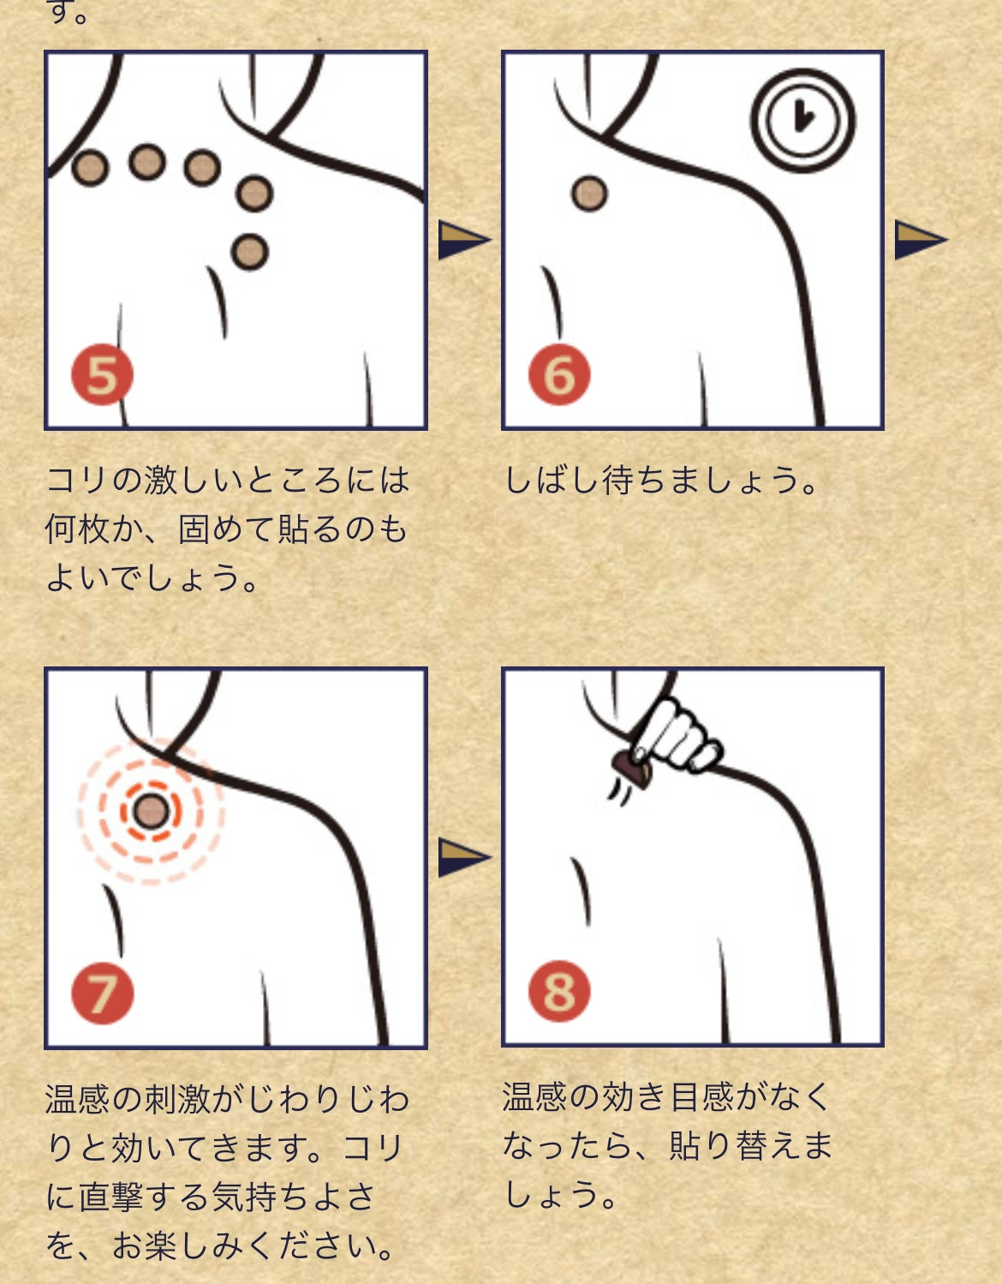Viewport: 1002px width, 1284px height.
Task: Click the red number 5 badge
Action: pos(102,374)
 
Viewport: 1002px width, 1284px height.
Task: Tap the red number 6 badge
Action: pos(559,374)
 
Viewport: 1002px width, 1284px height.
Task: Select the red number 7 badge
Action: pos(102,994)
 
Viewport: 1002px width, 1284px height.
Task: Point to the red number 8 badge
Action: pos(559,992)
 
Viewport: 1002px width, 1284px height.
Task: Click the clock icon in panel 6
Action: pos(802,120)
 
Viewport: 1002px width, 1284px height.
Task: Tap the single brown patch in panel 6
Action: pos(589,194)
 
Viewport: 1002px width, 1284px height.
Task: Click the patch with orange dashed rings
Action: pos(152,811)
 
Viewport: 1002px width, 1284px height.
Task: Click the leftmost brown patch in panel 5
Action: pos(91,168)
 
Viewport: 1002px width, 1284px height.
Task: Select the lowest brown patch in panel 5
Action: pos(250,253)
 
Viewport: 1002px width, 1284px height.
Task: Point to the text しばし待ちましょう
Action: pos(661,480)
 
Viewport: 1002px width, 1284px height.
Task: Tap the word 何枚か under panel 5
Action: pos(94,529)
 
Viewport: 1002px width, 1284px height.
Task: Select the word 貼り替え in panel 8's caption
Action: pos(734,1146)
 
